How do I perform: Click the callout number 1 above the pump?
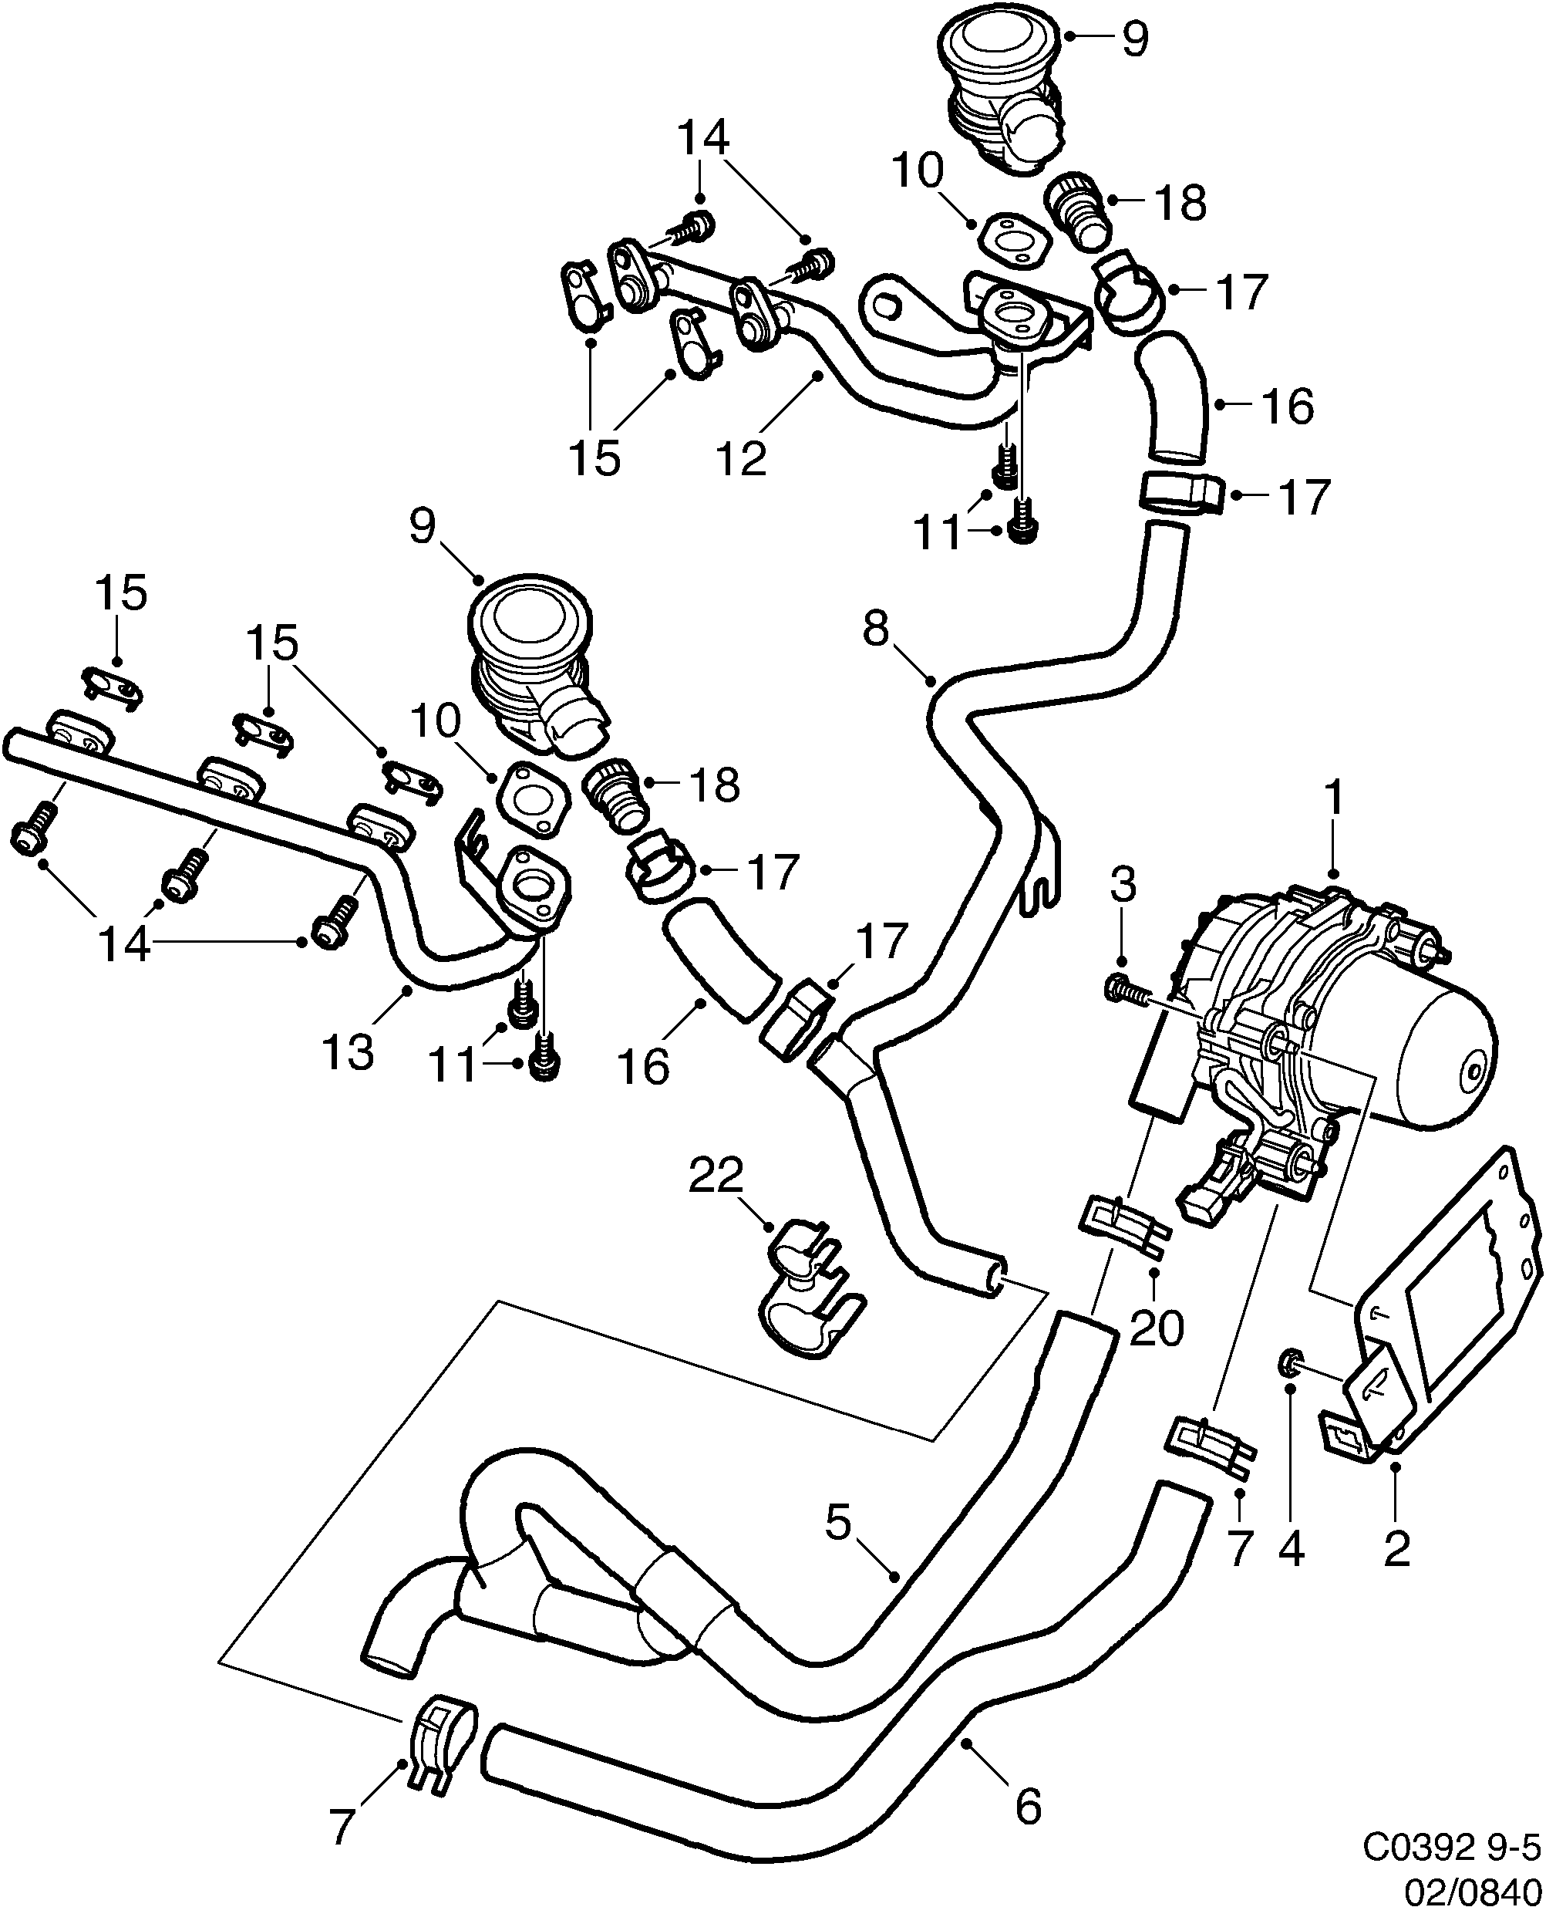click(x=1334, y=798)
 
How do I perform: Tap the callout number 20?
click(x=1157, y=1328)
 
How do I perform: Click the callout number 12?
click(x=743, y=458)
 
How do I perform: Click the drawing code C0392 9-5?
click(x=1451, y=1845)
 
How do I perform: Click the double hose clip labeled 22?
click(x=809, y=1298)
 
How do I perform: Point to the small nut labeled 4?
click(x=1288, y=1365)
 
